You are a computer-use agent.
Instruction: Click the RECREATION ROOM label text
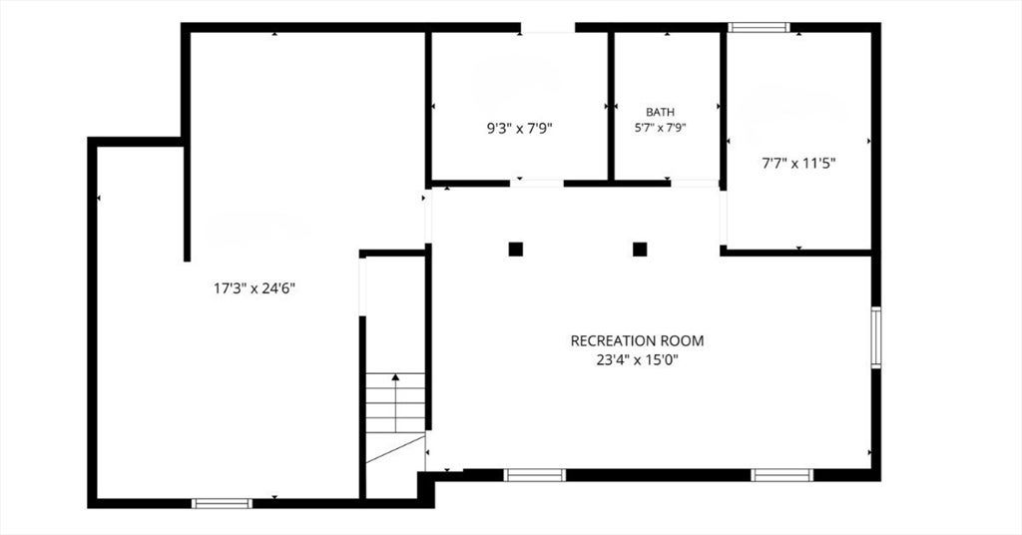coord(637,340)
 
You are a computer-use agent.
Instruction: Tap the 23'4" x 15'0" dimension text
coord(637,359)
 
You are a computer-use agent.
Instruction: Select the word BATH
coord(661,112)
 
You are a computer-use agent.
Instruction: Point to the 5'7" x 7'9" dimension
coord(661,128)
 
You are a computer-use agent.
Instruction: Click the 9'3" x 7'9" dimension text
coord(520,129)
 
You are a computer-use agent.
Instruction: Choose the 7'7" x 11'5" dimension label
coord(799,164)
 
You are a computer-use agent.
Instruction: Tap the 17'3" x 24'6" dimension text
coord(255,288)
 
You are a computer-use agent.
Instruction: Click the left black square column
coord(516,249)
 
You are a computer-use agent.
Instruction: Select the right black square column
coord(640,249)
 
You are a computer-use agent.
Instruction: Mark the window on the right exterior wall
coord(876,337)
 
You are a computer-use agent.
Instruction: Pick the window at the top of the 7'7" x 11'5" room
coord(759,27)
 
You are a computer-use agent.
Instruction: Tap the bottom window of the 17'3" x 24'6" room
coord(222,503)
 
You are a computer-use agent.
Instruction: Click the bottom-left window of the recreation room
coord(535,475)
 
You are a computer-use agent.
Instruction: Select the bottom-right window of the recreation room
coord(781,475)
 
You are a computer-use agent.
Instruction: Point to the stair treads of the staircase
coord(395,402)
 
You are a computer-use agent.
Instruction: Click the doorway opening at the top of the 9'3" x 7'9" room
coord(548,27)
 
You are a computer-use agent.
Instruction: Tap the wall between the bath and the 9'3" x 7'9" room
coord(612,106)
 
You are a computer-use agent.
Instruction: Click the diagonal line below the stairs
coord(395,449)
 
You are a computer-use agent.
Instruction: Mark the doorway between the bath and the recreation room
coord(695,184)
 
